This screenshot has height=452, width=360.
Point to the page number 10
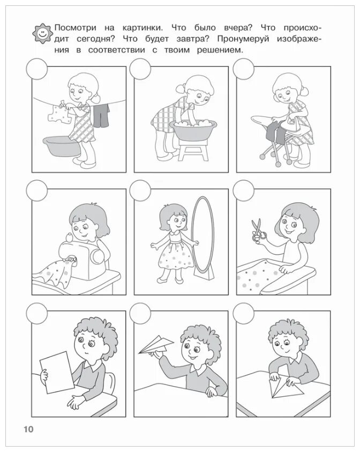click(28, 429)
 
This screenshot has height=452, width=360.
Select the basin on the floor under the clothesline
click(62, 146)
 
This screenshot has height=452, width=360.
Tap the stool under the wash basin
click(193, 149)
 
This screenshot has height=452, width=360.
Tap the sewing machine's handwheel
click(97, 255)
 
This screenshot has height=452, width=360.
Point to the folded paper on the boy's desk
click(285, 388)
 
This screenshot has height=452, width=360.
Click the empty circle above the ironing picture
click(243, 69)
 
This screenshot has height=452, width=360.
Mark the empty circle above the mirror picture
click(140, 191)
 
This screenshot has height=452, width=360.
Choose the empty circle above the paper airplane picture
click(140, 313)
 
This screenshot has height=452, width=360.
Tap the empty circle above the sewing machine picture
click(36, 191)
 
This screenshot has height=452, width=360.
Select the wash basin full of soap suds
click(193, 130)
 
